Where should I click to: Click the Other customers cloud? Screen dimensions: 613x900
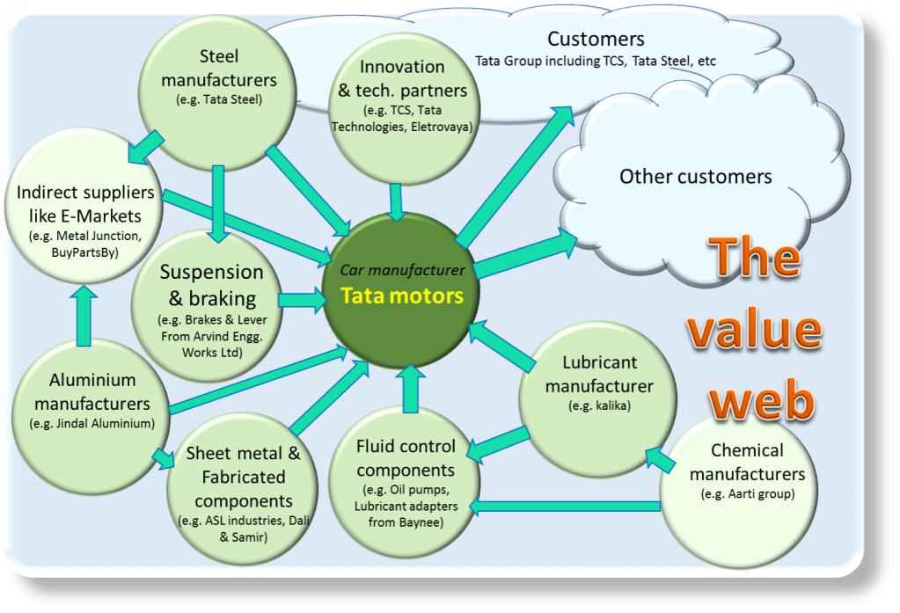click(x=695, y=177)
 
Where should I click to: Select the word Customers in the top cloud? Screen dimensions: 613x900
click(x=596, y=40)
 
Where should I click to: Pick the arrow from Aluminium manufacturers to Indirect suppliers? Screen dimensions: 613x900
click(x=84, y=317)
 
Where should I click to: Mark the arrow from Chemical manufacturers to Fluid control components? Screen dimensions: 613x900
click(x=563, y=506)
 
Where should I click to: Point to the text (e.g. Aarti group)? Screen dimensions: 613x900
click(x=748, y=494)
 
